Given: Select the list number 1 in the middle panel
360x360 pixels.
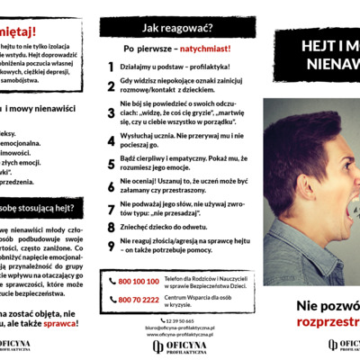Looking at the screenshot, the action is point(111,66).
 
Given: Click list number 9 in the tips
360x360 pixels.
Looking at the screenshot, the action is point(111,243).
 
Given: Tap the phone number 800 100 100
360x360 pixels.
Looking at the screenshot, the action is point(139,283).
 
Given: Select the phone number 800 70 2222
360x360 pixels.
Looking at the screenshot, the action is point(139,300).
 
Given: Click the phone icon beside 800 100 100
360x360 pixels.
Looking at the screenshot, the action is point(112,283).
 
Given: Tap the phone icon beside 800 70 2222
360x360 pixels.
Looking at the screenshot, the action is point(112,300).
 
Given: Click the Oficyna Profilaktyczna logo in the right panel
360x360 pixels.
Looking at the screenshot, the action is point(333,345).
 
